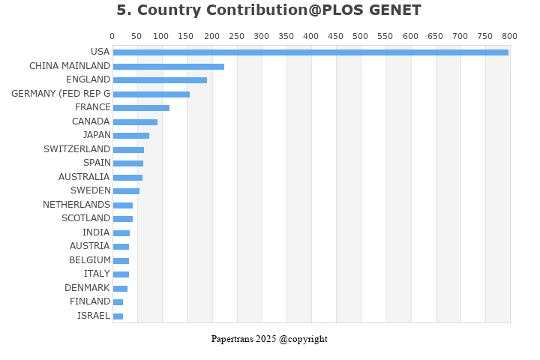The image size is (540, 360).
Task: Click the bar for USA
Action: coord(310,52)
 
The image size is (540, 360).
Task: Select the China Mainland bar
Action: coord(168,66)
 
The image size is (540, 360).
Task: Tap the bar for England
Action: coord(160,80)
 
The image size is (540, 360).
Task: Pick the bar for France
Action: coord(141,108)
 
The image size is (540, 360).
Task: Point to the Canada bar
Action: coord(135,121)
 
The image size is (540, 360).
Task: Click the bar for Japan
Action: coord(130,136)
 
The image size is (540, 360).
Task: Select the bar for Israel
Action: coord(118,316)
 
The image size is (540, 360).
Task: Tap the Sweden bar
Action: coord(126,191)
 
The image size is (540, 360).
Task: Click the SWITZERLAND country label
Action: coord(76,149)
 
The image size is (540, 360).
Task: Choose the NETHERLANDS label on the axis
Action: coord(76,205)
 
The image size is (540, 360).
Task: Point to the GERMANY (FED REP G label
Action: coord(61,94)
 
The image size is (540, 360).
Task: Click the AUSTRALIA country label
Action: coord(84,177)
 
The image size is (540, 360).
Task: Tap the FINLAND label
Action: coord(90,301)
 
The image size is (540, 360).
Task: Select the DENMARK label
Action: coord(87,288)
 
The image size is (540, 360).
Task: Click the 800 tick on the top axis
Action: coord(509,36)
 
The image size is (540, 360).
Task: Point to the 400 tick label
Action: coord(310,36)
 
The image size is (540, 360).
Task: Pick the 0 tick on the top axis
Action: coord(112,36)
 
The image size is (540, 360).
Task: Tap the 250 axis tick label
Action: coord(236,36)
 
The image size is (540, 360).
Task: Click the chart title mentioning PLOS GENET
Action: coord(268,10)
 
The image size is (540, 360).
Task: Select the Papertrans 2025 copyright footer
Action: coord(269,339)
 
